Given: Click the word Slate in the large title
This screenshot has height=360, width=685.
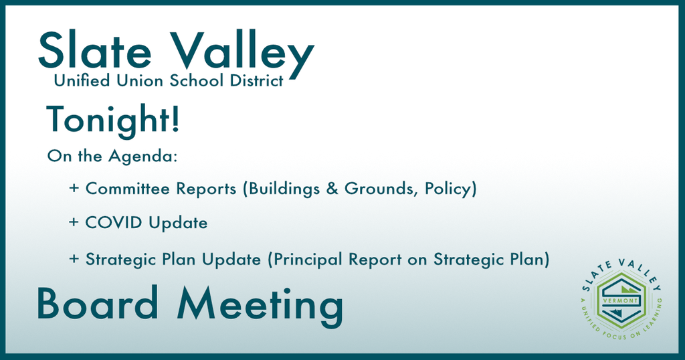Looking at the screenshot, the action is click(x=95, y=50).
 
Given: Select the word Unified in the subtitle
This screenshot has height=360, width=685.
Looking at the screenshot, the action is click(x=82, y=80).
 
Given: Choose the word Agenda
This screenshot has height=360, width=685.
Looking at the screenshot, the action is click(x=143, y=157).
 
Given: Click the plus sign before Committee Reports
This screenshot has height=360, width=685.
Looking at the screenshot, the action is click(x=74, y=188).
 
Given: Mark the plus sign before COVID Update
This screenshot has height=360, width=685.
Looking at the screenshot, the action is click(x=74, y=222).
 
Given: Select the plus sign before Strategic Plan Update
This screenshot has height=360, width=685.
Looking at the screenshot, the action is click(x=74, y=259).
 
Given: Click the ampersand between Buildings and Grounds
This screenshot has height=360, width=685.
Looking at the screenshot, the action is click(x=332, y=188).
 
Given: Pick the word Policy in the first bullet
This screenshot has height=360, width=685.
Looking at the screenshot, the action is click(x=448, y=189).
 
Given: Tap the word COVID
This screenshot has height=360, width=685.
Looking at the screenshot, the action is click(x=114, y=222).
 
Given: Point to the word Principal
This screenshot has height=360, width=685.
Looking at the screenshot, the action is click(x=308, y=260).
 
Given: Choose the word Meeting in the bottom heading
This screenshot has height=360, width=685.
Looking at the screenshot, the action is click(x=260, y=306).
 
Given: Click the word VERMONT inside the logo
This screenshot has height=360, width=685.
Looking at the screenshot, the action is click(x=620, y=300).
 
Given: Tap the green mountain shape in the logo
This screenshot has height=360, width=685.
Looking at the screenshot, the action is click(x=627, y=290).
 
